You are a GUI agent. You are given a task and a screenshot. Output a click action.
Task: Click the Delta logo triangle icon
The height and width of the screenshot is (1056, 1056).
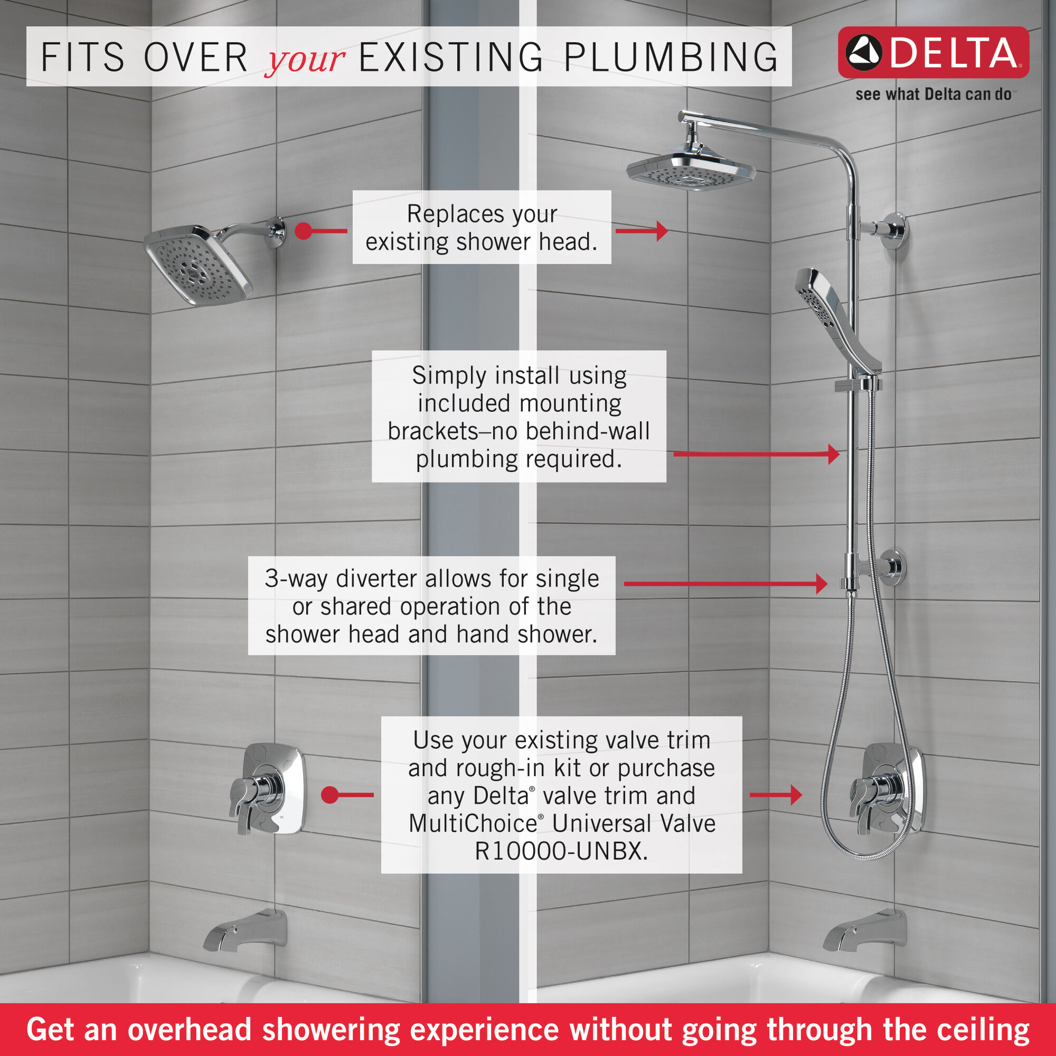(864, 53)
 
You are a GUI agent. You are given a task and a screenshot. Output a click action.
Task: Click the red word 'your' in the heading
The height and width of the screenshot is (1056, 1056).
(304, 59)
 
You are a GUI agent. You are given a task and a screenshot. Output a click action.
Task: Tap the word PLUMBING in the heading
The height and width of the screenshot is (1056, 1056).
(671, 57)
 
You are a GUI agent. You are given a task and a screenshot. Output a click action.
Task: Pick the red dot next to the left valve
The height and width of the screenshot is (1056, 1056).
(329, 795)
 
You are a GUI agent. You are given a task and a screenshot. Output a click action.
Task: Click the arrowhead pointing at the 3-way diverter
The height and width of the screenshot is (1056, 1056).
(822, 584)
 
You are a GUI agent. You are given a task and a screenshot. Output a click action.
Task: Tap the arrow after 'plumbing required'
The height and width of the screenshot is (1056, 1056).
(833, 454)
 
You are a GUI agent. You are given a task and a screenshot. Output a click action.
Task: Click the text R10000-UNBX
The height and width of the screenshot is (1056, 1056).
(561, 851)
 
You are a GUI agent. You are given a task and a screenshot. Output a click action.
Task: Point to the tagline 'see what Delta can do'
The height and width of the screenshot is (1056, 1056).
(933, 95)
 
